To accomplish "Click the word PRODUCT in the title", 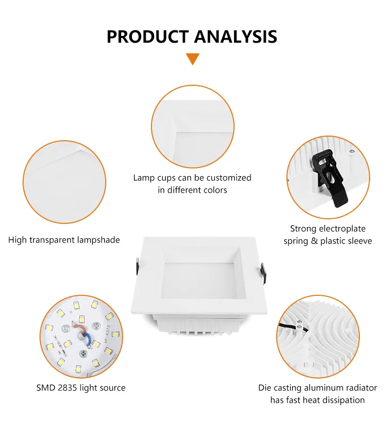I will tap(147, 36).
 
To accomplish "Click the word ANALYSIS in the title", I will tap(235, 36).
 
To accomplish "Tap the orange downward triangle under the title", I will tap(192, 59).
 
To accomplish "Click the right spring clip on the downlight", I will tap(263, 272).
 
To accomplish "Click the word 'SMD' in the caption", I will tap(45, 388).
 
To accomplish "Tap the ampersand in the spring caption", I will tap(314, 241).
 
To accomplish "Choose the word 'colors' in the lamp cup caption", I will tap(215, 190).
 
